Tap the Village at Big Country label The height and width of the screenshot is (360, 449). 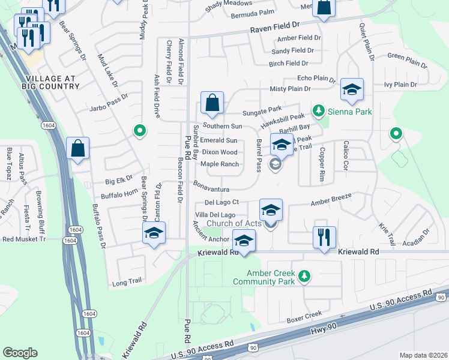point(52,82)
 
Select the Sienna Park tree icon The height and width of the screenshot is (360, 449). point(318,111)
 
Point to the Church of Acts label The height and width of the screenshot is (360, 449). point(240,224)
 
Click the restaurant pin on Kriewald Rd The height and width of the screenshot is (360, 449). point(324,236)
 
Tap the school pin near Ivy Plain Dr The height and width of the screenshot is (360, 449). point(351,90)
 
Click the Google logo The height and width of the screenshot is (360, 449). point(20,352)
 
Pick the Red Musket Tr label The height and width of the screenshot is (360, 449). point(24,239)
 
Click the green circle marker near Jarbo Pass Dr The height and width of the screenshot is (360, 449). point(139,130)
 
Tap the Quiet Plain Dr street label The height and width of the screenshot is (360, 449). point(367,43)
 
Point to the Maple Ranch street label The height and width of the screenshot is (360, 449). point(220,164)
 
